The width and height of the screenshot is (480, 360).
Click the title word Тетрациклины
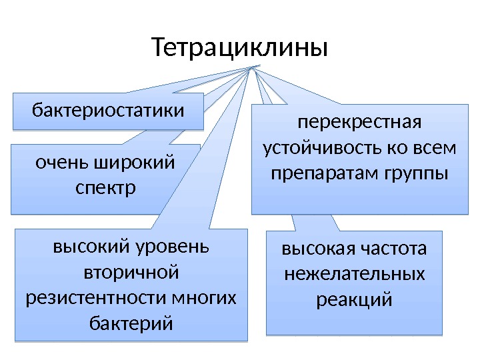pos(239,48)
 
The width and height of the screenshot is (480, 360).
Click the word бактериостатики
pos(109,109)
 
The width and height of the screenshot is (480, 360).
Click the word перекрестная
pos(359,123)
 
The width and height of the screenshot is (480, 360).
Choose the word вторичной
pos(131,272)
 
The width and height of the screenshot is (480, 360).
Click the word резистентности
pos(97,298)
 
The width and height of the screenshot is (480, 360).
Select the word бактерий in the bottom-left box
pos(131,324)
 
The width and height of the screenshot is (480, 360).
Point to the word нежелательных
pos(354,275)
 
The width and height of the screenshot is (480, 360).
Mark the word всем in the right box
pos(437,148)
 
